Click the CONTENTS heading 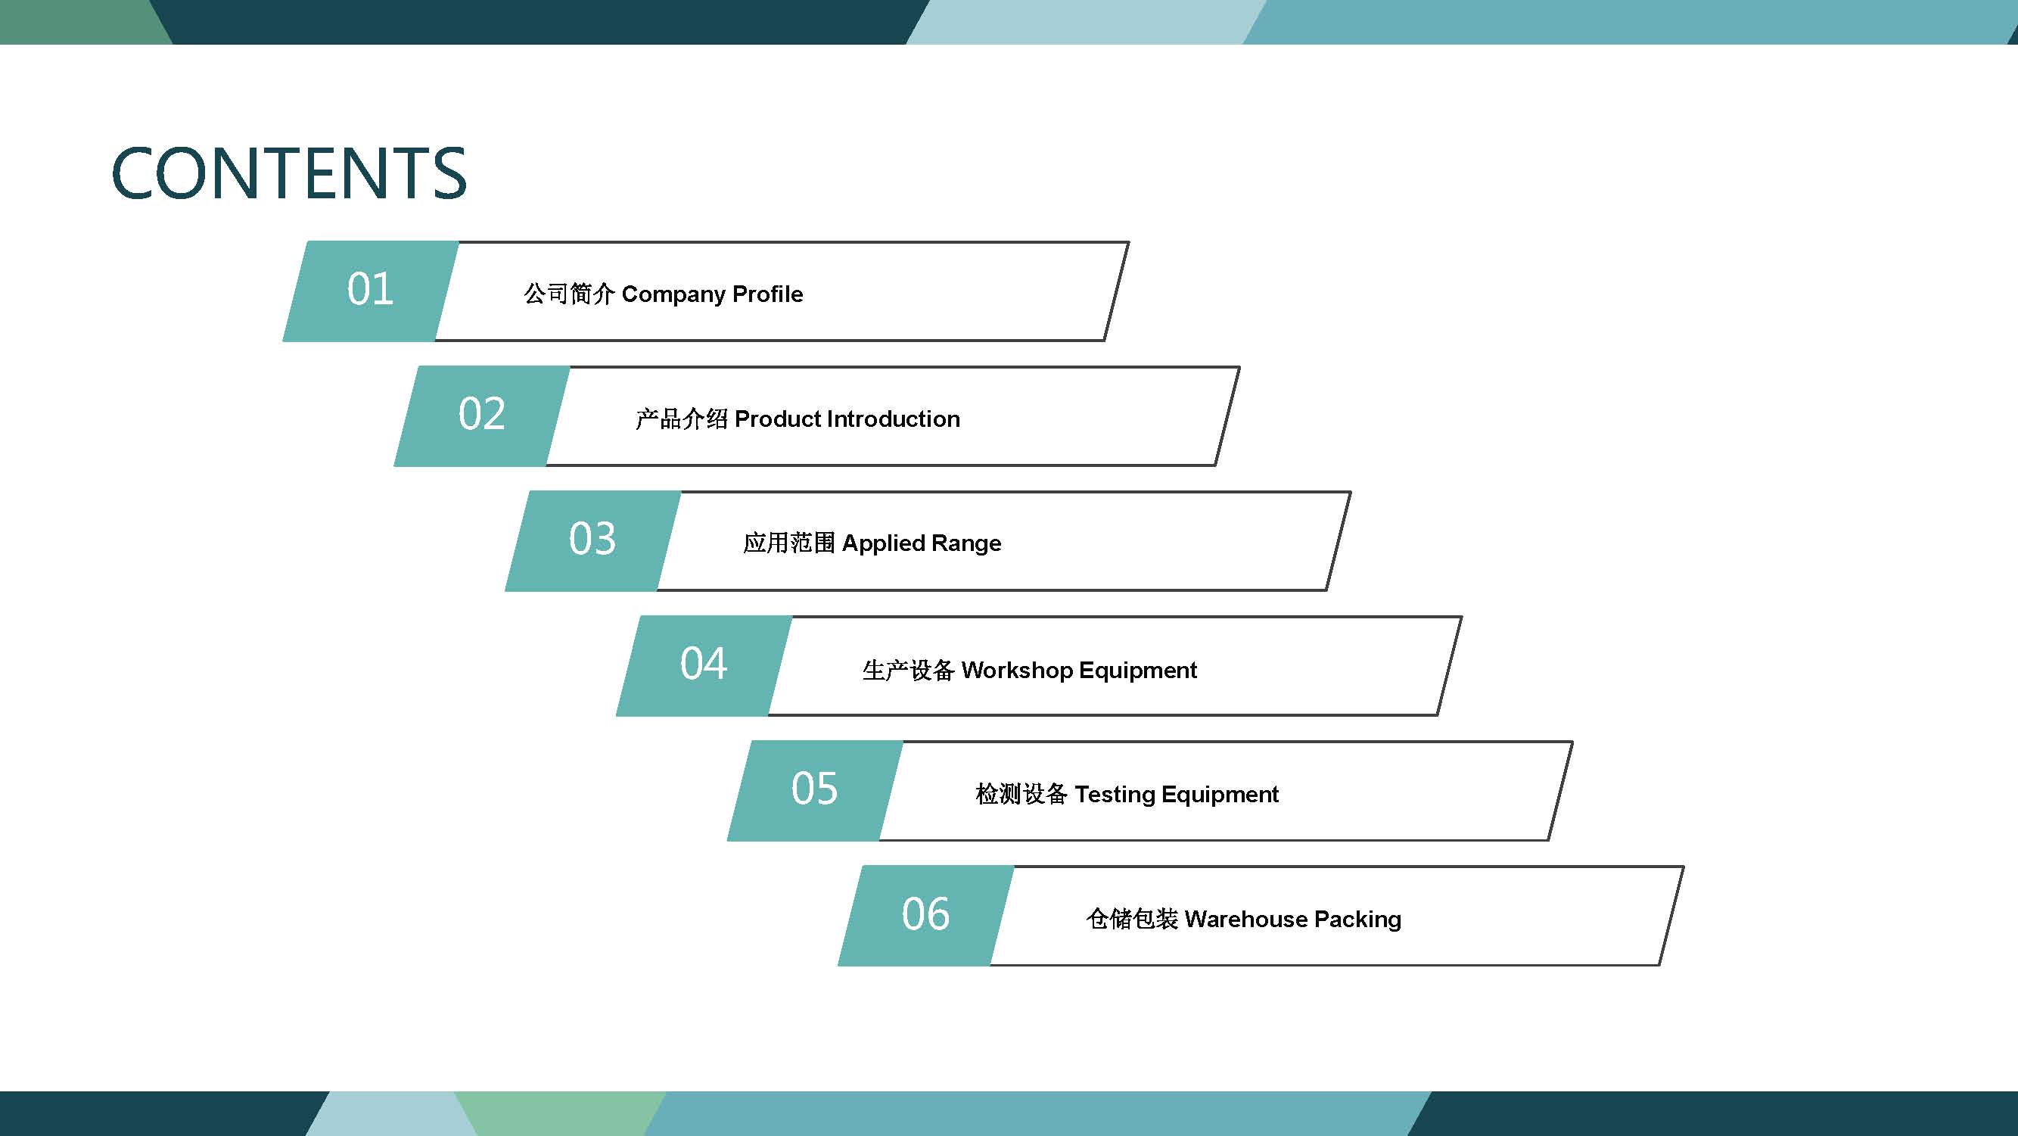point(289,173)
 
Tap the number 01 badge point(371,291)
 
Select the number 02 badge point(482,416)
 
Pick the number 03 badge point(593,540)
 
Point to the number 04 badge point(704,666)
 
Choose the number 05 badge point(816,790)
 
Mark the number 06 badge point(927,916)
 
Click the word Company point(673,295)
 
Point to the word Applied point(884,544)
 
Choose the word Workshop point(1017,670)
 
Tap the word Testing point(1115,795)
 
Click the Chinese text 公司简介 point(569,294)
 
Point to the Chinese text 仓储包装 point(1132,919)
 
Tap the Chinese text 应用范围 point(790,543)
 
